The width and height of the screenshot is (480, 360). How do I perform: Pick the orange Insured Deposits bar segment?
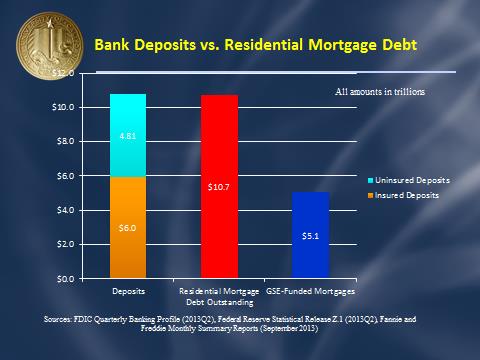[x=127, y=227]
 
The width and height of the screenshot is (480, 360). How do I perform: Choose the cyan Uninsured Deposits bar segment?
[x=127, y=135]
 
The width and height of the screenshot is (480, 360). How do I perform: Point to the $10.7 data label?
[x=219, y=187]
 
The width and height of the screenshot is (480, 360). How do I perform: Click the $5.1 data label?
[x=310, y=236]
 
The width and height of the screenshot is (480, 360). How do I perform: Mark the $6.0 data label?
[x=127, y=228]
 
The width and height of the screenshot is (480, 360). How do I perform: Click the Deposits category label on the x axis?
[x=127, y=291]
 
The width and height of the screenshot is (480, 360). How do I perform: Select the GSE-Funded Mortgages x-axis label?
[x=310, y=291]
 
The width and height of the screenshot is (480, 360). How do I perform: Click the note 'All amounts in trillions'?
[x=379, y=91]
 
